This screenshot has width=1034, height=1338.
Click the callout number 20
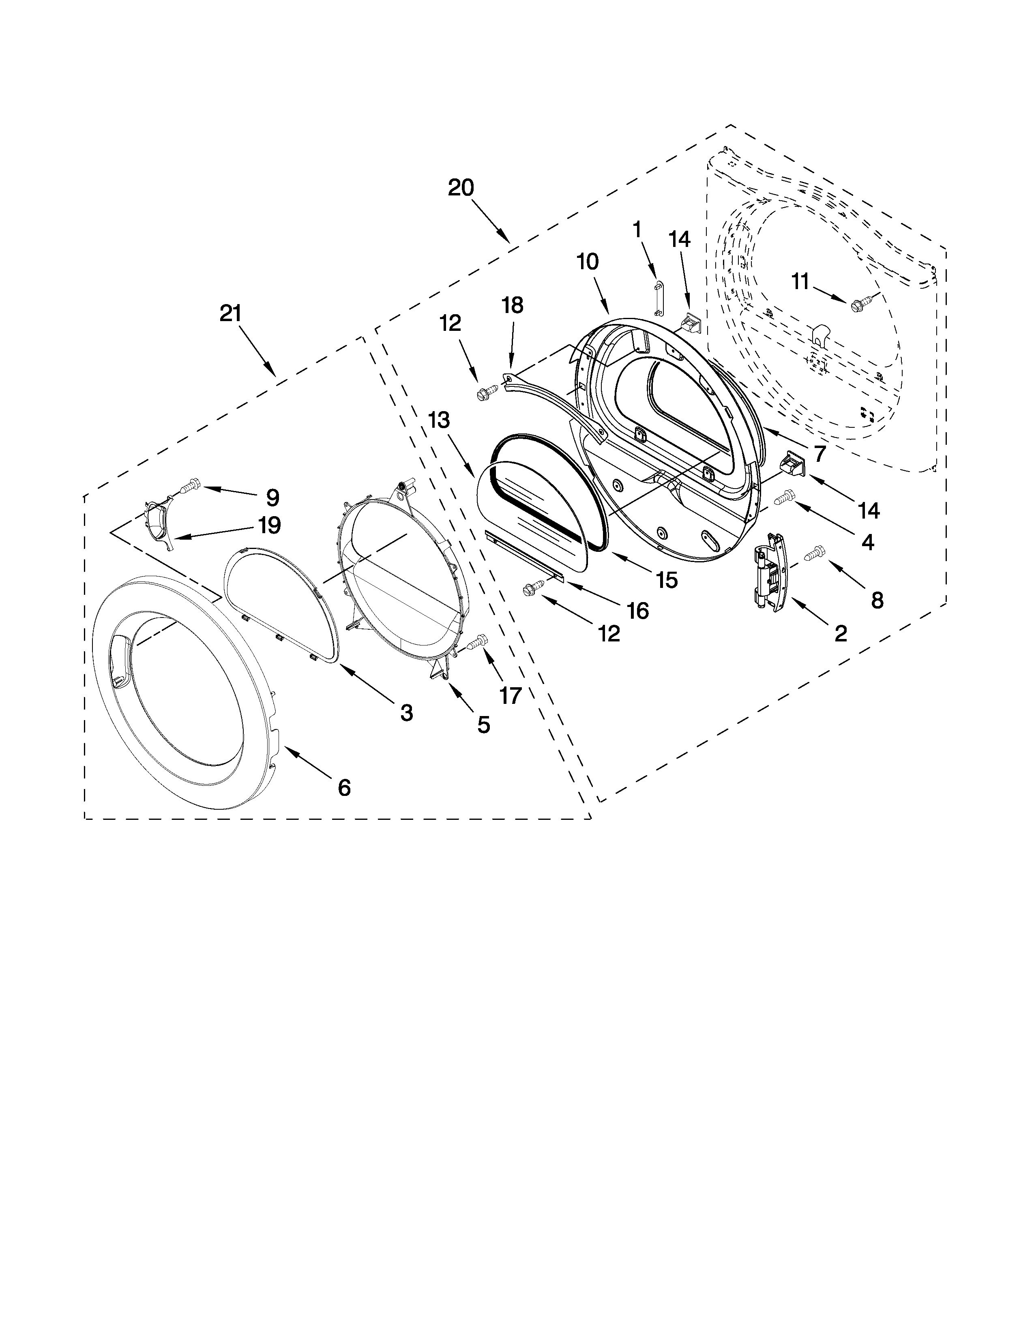pyautogui.click(x=461, y=187)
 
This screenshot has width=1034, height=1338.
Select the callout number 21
pyautogui.click(x=231, y=314)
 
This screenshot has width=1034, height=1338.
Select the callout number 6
pyautogui.click(x=344, y=787)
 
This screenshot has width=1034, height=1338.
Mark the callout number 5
pyautogui.click(x=483, y=725)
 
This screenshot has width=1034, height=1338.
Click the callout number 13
pyautogui.click(x=439, y=420)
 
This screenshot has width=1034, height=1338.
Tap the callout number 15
pyautogui.click(x=667, y=579)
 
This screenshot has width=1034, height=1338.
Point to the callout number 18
pyautogui.click(x=513, y=304)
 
